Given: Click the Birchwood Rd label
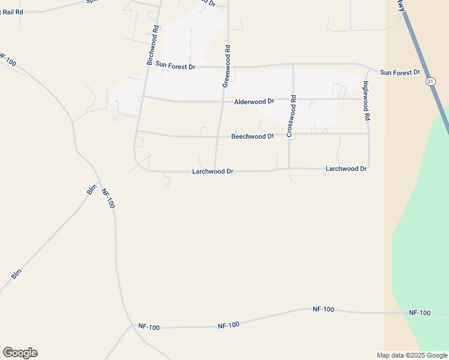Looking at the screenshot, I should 152,46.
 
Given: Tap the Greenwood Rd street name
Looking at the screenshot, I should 226,65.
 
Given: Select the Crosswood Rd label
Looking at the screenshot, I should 291,116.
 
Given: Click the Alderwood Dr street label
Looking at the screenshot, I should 254,101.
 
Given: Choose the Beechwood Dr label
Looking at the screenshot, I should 252,137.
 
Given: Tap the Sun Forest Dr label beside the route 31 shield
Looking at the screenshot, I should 400,73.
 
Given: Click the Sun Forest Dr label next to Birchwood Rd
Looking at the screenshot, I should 175,65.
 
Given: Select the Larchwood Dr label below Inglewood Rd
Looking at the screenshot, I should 346,169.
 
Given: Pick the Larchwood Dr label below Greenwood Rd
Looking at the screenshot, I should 212,172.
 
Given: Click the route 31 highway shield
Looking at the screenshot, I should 430,81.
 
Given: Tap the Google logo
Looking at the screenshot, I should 20,353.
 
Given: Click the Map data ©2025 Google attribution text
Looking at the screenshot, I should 412,355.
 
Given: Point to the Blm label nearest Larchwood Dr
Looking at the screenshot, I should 91,190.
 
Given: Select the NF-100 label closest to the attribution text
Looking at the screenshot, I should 420,313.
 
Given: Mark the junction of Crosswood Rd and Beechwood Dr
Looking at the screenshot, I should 291,134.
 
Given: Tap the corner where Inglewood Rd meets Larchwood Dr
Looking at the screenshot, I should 368,168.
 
